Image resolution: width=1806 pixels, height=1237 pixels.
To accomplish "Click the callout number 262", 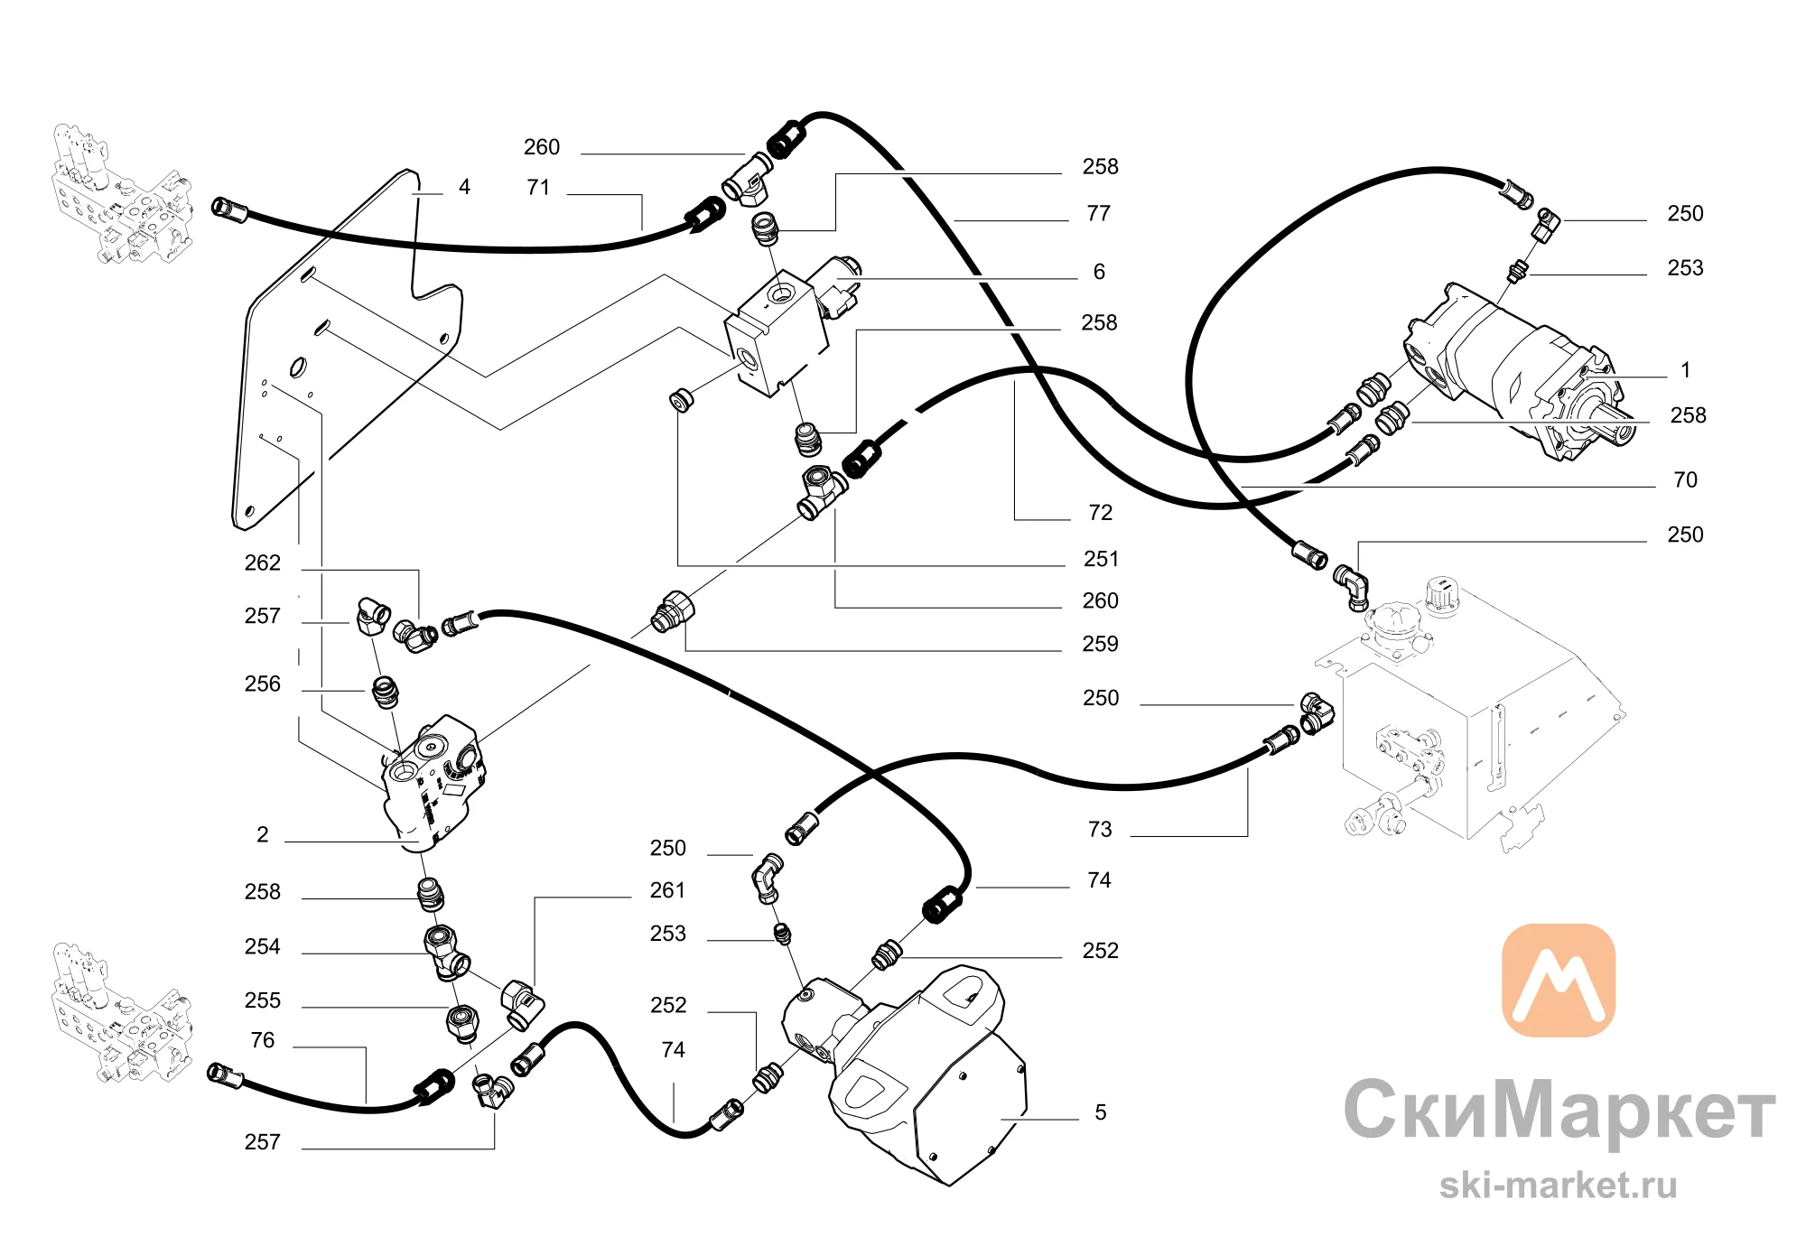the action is coord(263,563).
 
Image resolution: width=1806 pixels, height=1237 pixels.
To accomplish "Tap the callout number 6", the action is coord(1099,272).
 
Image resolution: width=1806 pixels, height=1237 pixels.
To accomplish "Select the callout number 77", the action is coord(1099,214).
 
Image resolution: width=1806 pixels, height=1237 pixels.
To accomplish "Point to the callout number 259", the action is coord(1100,645).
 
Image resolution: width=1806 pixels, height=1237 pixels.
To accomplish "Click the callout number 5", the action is coord(1101,1113).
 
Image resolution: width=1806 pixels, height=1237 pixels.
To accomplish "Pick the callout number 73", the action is coord(1100,830).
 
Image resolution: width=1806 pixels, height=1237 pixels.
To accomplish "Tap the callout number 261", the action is coord(668,891).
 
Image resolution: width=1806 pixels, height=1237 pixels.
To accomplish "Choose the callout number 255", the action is coord(263,1001).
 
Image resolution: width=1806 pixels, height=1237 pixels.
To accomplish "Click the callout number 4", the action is coord(464,187).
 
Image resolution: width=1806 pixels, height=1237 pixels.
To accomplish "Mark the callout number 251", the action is coord(1101,560).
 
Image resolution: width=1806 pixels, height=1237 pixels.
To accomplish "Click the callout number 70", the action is coord(1685,480).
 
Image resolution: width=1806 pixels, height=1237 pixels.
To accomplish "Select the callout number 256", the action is coord(263,684).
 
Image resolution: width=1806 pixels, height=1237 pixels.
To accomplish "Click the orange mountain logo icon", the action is coord(1559,981).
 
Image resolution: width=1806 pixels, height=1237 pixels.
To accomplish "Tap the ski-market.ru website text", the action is coord(1559,1186).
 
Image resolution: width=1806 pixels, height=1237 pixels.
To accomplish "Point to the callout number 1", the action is coord(1685,370).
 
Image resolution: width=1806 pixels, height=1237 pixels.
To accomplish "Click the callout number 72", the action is coord(1100,513).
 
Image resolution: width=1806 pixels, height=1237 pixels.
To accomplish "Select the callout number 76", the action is coord(263,1041).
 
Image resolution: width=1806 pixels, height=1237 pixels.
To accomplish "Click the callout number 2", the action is coord(263,835).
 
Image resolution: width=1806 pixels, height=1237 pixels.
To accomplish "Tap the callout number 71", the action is coord(538,188).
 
